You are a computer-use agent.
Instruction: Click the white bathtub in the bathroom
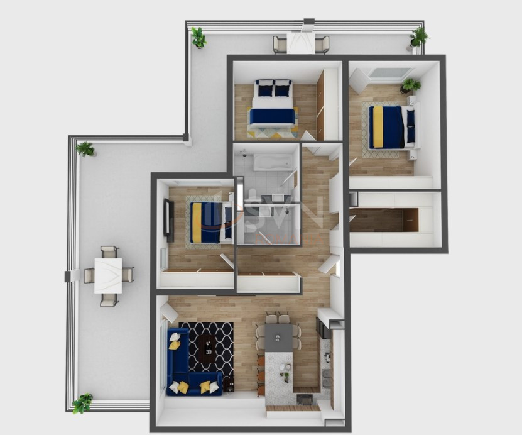click(271, 163)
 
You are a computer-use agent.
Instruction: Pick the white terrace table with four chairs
click(108, 276)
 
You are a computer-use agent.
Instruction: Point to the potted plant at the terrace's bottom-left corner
click(82, 403)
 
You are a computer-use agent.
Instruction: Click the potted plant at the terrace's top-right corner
click(418, 37)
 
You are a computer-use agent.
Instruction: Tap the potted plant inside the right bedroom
click(411, 84)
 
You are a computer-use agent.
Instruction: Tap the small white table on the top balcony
click(300, 43)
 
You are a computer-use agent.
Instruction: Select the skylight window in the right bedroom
click(389, 74)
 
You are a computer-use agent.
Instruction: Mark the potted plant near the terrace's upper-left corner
click(85, 149)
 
